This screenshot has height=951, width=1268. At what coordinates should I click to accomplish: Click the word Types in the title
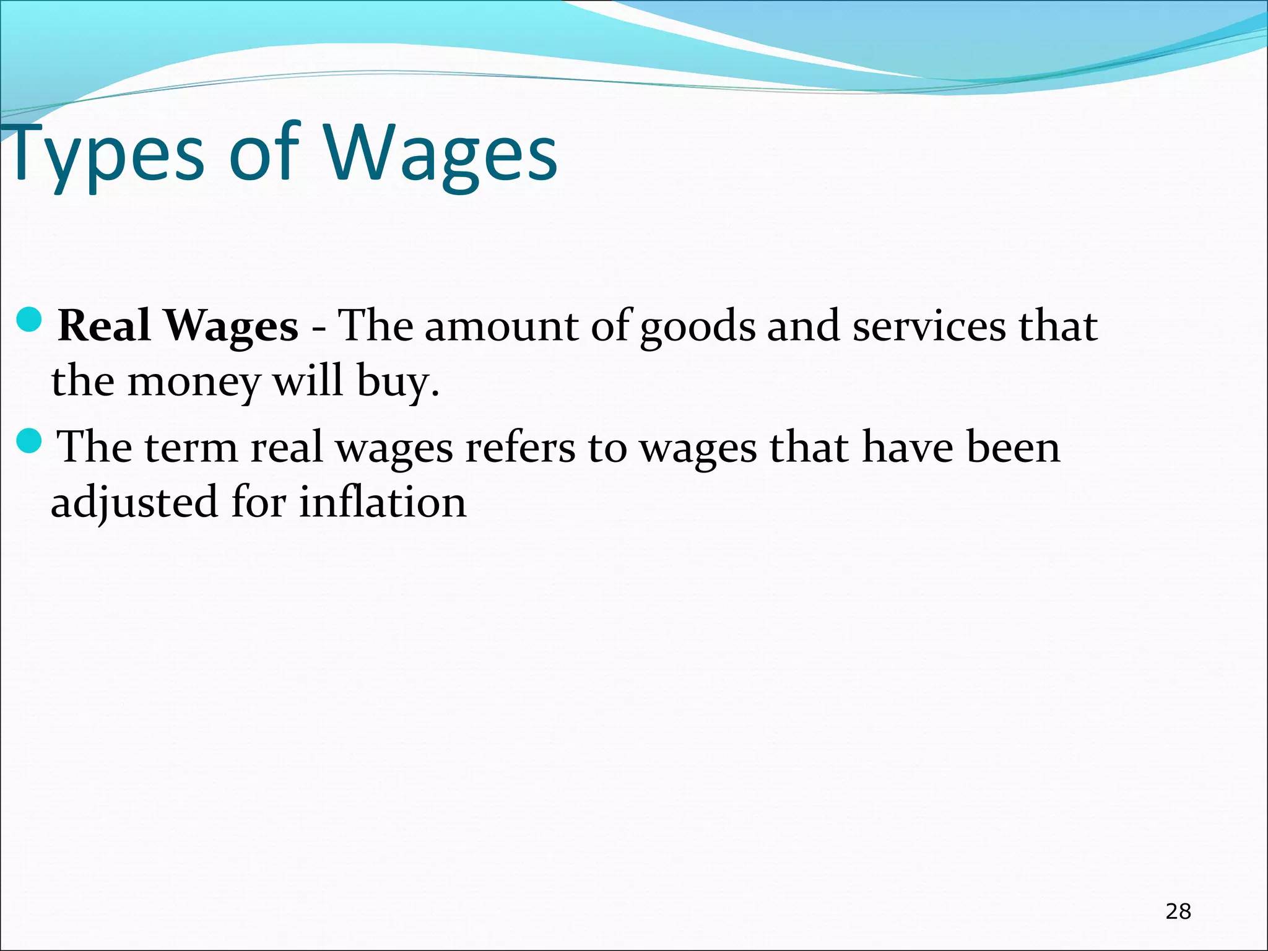click(x=105, y=155)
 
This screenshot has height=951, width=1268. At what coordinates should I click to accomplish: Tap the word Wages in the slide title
click(x=441, y=155)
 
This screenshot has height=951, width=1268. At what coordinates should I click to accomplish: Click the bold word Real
click(x=104, y=326)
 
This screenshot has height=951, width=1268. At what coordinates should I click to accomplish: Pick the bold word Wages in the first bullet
click(x=232, y=326)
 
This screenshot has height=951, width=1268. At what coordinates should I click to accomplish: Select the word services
click(x=929, y=326)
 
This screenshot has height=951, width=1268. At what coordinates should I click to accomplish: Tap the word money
click(x=194, y=383)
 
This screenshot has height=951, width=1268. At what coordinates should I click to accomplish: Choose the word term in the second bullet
click(x=191, y=447)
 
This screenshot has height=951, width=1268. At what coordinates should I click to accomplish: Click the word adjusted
click(x=134, y=503)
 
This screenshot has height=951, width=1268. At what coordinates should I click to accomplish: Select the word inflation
click(x=383, y=502)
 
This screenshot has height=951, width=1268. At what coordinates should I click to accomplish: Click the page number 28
click(x=1178, y=911)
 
